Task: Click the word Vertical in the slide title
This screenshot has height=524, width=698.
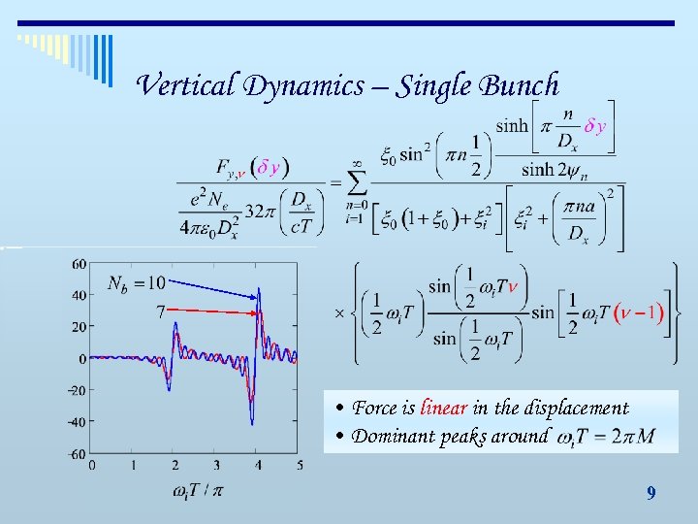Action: point(187,85)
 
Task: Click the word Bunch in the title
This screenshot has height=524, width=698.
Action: point(519,85)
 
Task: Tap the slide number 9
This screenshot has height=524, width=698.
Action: point(650,494)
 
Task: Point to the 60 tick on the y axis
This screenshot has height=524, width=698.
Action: point(79,264)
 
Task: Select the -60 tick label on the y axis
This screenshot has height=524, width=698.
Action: point(76,453)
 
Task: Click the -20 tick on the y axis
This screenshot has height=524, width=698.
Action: point(76,390)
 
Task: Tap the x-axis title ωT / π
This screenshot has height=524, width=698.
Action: point(198,491)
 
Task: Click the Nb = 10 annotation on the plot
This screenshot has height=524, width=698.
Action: point(136,283)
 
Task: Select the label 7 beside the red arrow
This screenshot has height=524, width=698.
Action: point(159,311)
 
